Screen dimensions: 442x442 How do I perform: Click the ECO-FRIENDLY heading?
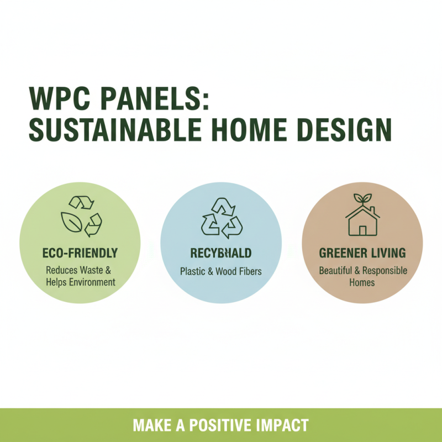(x=80, y=253)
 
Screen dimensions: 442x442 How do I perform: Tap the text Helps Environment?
(x=80, y=282)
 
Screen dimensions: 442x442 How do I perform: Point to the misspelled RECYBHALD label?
(x=221, y=253)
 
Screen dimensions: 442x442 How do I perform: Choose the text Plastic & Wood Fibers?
(x=221, y=272)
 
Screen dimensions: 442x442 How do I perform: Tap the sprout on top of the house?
(x=362, y=198)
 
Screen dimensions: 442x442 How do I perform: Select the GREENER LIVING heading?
(x=362, y=253)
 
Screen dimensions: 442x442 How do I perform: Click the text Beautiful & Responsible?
(x=362, y=271)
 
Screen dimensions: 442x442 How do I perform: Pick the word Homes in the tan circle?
(x=362, y=282)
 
